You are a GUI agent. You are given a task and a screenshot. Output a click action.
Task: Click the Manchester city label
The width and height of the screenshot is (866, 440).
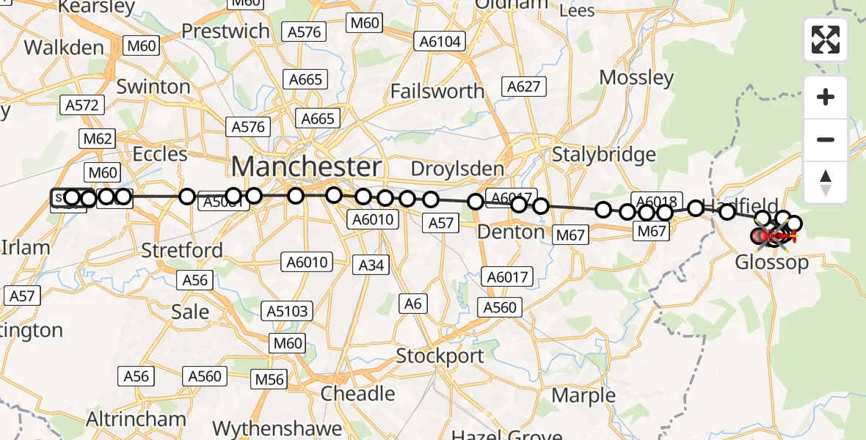click(307, 166)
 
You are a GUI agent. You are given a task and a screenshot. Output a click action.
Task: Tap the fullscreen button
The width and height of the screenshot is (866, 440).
click(826, 40)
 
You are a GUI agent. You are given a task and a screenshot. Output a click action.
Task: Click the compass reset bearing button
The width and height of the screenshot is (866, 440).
click(826, 183)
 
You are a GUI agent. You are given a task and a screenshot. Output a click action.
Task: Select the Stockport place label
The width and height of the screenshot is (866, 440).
click(440, 356)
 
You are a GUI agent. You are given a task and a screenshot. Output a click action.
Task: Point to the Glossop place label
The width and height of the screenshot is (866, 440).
click(772, 262)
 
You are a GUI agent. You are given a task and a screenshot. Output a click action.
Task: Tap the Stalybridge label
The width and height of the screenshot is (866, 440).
click(603, 155)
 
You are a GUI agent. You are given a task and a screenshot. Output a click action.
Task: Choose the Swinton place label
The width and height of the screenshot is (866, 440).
click(153, 87)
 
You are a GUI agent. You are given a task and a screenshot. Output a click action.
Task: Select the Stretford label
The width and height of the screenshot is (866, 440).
click(182, 250)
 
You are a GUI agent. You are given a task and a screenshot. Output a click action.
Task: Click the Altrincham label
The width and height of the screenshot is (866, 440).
click(136, 419)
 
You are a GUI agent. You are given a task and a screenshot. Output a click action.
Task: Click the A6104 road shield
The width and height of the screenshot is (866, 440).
click(440, 42)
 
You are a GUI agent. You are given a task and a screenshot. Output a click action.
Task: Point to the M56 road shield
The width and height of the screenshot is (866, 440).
click(269, 379)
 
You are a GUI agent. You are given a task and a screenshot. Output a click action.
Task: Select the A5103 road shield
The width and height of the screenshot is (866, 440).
click(287, 310)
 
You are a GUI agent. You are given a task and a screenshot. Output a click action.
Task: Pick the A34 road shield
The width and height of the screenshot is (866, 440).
click(372, 265)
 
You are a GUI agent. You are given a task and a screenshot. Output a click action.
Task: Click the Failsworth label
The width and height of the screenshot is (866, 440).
click(437, 91)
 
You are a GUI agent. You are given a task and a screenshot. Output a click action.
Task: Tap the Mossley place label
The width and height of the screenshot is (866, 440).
click(636, 77)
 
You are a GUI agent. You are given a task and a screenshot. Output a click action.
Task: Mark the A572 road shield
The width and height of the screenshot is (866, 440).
click(81, 105)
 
